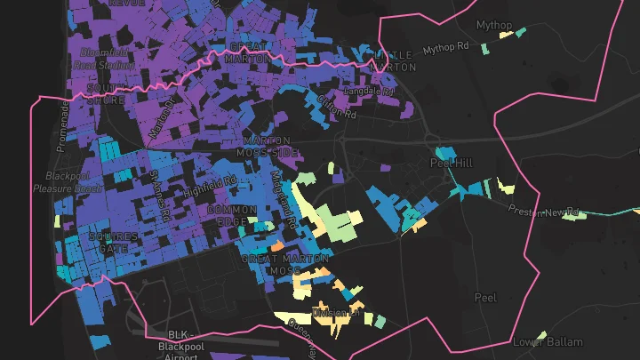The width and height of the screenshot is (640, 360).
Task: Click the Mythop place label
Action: coord(494,25)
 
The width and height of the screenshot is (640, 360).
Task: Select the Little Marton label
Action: coord(391,60)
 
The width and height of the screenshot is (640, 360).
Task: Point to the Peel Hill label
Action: coord(452,164)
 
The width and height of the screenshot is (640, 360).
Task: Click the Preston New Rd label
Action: coord(543,211)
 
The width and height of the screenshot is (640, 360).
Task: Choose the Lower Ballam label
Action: coord(548,342)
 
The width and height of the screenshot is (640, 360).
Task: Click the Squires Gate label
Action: coord(113,243)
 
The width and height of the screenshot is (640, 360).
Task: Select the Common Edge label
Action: coord(231,215)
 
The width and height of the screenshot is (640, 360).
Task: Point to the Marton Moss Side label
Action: coord(267,148)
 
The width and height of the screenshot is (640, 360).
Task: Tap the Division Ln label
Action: coord(335,313)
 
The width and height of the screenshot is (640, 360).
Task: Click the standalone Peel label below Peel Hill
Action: coord(485,298)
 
